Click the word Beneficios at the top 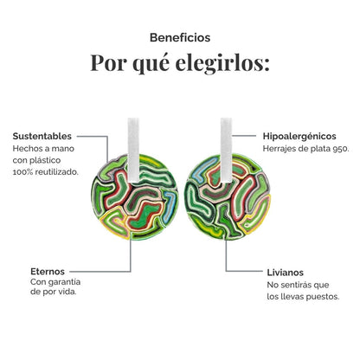coord(180,37)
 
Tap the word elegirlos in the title coord(222,63)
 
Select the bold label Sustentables coord(42,136)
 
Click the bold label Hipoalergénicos coord(299,136)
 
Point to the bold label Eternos coord(48,272)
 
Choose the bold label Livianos coord(285,273)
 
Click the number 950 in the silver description coord(340,149)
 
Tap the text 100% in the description coord(22,172)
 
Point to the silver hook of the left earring coord(133,151)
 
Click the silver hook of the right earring coord(227,151)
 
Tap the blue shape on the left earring coord(170,205)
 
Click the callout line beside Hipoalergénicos coord(244,135)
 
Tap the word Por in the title coord(108,63)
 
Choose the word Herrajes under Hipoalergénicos coord(276,149)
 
